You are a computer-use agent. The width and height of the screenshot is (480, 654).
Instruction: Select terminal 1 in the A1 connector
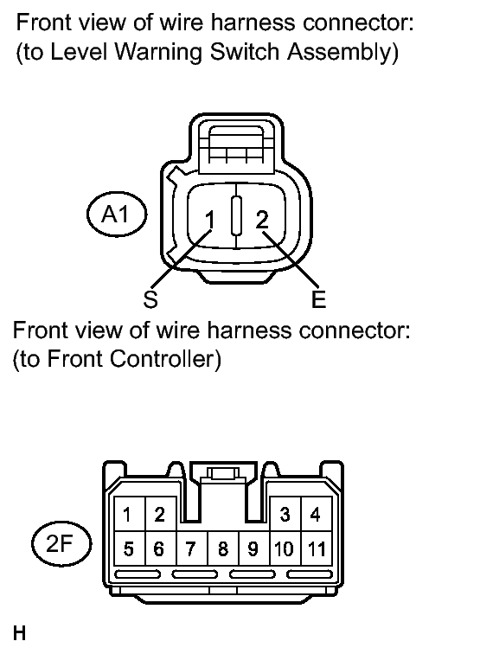click(x=209, y=220)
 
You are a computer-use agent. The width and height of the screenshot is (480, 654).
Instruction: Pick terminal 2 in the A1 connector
click(x=262, y=219)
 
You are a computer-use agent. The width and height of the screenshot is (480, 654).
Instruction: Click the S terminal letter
click(x=150, y=298)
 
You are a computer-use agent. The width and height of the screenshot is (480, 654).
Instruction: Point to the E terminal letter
click(x=318, y=299)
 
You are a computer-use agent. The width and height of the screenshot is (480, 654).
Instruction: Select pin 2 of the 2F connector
click(x=161, y=514)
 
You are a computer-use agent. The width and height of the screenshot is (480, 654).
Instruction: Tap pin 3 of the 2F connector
click(x=285, y=514)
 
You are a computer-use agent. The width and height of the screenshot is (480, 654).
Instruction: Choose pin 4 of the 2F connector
click(x=316, y=514)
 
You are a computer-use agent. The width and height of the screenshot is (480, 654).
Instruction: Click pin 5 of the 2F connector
click(x=129, y=548)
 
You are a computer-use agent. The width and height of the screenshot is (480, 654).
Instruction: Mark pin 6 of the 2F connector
click(x=161, y=548)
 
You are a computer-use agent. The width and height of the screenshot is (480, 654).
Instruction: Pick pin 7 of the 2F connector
click(x=192, y=548)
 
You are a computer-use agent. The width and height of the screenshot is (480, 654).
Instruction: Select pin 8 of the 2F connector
click(x=223, y=548)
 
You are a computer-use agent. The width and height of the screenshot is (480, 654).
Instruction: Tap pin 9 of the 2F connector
click(x=254, y=548)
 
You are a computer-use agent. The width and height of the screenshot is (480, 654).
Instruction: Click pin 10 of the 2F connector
click(x=285, y=548)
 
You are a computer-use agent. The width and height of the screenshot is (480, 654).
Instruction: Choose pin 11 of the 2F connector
click(x=316, y=548)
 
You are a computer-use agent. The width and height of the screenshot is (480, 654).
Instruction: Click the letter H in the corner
click(x=20, y=632)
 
